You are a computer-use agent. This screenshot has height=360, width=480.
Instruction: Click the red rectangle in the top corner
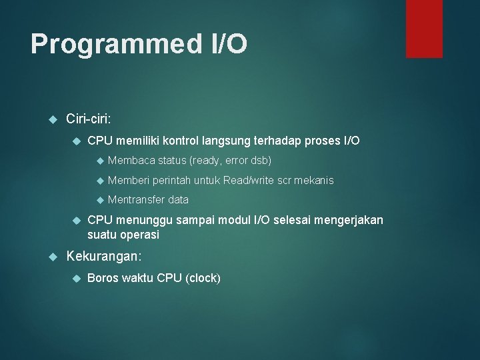tap(424, 29)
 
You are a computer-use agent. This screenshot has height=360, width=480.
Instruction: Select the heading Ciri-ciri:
tap(89, 119)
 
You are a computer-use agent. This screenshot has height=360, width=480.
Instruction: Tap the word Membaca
tap(128, 161)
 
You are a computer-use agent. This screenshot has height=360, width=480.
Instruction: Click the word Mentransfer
tap(136, 199)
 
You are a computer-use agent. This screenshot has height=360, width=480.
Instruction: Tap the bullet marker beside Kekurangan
tap(55, 255)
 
